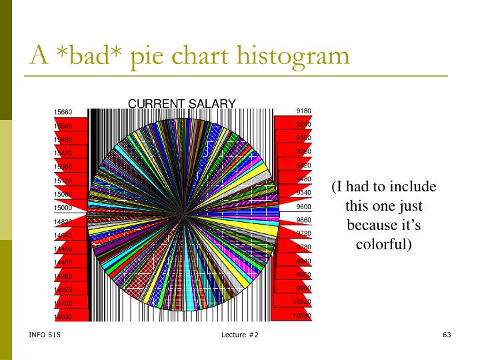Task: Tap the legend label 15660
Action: click(x=63, y=112)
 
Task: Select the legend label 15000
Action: click(x=63, y=208)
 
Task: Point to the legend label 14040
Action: click(x=63, y=317)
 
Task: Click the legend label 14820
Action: click(x=63, y=221)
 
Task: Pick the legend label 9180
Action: click(x=303, y=111)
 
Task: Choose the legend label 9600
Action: click(x=303, y=207)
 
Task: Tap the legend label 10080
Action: click(x=303, y=315)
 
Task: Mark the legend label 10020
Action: click(x=303, y=302)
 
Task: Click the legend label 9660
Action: click(x=303, y=220)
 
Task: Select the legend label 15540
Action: click(x=63, y=126)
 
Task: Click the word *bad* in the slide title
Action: click(x=88, y=55)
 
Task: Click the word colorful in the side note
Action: click(x=383, y=245)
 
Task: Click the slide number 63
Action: click(x=447, y=333)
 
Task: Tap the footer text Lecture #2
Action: click(x=240, y=333)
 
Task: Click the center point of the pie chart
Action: click(x=183, y=214)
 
